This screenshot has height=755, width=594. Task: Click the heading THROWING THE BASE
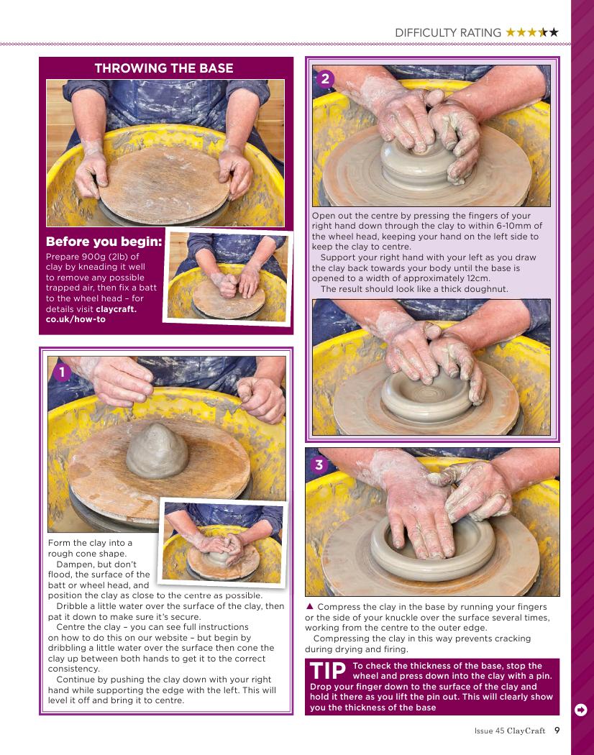tap(164, 68)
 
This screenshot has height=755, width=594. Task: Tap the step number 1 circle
tap(62, 372)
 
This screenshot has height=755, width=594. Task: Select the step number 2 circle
tap(326, 78)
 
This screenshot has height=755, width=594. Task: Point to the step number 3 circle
tap(319, 465)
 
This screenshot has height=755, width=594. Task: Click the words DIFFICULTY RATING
tap(448, 33)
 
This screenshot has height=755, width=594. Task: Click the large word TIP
tap(328, 671)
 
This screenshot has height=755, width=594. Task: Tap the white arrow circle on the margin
tap(580, 710)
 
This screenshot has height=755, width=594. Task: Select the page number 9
tap(557, 731)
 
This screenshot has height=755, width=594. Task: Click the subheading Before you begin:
tap(104, 242)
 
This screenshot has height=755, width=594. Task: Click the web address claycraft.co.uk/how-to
tap(91, 314)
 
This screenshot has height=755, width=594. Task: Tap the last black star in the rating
tap(554, 32)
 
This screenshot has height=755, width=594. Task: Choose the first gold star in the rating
tap(510, 32)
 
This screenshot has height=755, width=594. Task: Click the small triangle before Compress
tap(310, 606)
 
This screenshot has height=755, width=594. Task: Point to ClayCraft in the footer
tap(526, 731)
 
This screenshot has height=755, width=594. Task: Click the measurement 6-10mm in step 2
tap(514, 225)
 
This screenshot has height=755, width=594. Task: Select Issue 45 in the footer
tap(489, 731)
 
